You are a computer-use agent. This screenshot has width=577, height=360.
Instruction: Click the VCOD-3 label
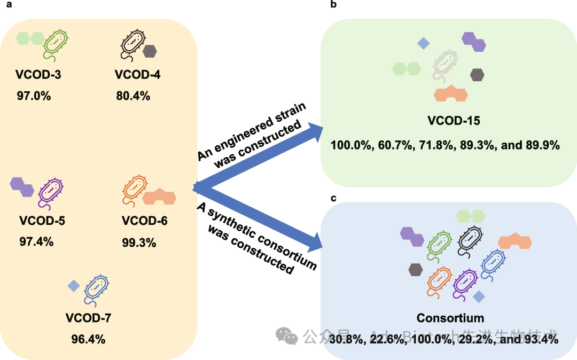pos(38,75)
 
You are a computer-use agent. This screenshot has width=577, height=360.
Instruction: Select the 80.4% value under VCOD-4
pos(133,96)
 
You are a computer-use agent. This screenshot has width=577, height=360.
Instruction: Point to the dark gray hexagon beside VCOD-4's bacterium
pos(150,51)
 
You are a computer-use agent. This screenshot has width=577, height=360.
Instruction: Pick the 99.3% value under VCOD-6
pos(139,243)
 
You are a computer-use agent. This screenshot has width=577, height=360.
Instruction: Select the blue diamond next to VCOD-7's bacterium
pos(74,286)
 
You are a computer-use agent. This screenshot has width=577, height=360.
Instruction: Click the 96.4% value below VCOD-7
pos(88,339)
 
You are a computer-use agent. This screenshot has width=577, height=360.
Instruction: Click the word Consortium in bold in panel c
pos(450,318)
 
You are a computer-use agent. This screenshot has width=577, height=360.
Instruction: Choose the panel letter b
pos(333,5)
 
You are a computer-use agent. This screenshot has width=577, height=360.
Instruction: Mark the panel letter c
pos(333,198)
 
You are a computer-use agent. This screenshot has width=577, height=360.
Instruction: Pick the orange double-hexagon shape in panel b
pos(451,93)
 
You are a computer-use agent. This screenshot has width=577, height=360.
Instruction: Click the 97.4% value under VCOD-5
pos(36,241)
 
